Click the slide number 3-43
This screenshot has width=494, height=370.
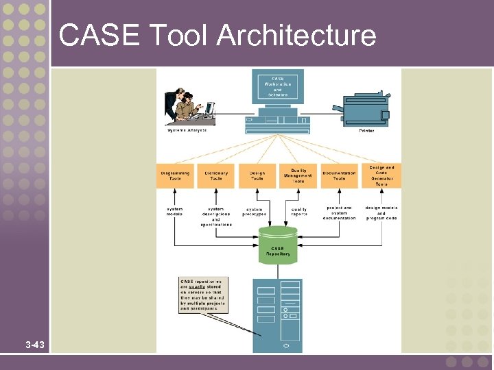click(34, 345)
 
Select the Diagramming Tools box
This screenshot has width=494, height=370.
click(175, 176)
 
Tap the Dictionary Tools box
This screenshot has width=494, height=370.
click(216, 176)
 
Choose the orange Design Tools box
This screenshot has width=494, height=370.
click(257, 176)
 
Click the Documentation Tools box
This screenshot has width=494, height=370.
click(340, 176)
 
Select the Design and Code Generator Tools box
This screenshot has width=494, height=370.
click(381, 175)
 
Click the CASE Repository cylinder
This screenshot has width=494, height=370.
click(278, 247)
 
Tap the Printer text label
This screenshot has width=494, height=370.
click(367, 130)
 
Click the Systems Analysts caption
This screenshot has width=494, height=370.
click(187, 130)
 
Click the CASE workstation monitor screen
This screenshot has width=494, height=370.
click(278, 88)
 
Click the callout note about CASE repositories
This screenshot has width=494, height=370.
click(203, 295)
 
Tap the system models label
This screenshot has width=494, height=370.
click(175, 211)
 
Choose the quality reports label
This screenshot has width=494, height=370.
click(299, 212)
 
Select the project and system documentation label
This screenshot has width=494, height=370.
click(340, 212)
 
